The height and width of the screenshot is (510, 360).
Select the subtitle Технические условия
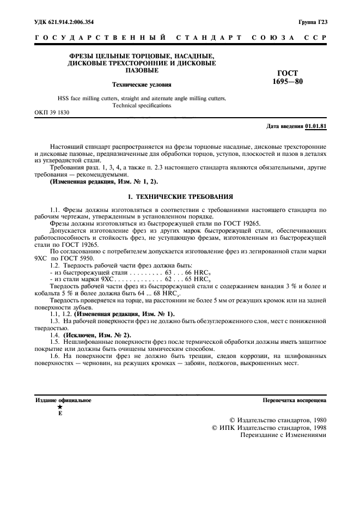click(141, 84)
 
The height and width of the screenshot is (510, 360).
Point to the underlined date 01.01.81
click(316, 126)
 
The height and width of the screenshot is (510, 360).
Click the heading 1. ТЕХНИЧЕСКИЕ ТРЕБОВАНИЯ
click(180, 195)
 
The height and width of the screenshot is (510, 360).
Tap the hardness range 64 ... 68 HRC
click(160, 293)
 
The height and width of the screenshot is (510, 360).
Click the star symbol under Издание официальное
click(60, 407)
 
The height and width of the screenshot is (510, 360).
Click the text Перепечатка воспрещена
click(294, 400)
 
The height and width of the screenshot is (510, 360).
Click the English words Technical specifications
click(142, 106)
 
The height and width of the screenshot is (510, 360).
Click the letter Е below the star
click(60, 414)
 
